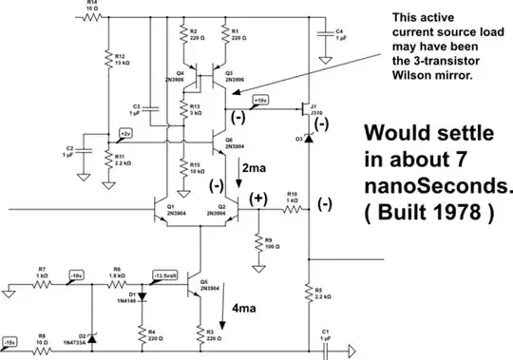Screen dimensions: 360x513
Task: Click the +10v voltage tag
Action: [x=260, y=99]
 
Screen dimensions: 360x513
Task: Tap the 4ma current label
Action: [x=240, y=307]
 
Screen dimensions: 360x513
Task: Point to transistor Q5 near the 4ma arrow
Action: [x=196, y=283]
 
